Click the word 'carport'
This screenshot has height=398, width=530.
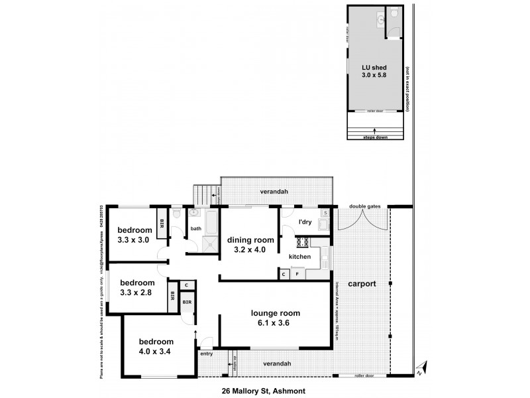point(360,283)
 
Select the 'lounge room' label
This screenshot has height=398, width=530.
point(275,313)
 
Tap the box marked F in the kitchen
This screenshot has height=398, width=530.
point(297,273)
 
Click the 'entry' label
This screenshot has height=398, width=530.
point(207,354)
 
